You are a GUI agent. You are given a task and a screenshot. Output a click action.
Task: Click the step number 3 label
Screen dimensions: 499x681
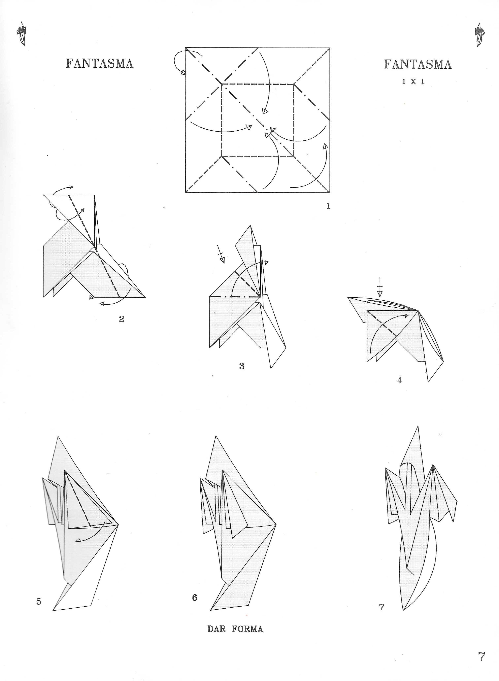pyautogui.click(x=242, y=366)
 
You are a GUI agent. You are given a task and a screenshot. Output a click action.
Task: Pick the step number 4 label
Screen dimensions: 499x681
pyautogui.click(x=400, y=380)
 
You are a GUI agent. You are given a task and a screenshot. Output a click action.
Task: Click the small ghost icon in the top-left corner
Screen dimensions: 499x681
pyautogui.click(x=22, y=34)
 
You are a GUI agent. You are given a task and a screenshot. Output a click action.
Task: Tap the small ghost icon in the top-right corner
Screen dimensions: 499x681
pyautogui.click(x=479, y=35)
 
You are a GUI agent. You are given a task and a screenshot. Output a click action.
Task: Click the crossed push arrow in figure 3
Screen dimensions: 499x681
pyautogui.click(x=222, y=254)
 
